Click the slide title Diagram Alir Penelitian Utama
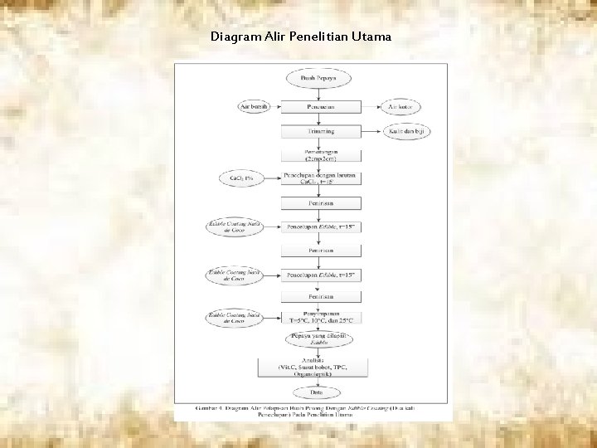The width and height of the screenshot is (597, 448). point(301,37)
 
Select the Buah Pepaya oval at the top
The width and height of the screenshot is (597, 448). point(320,78)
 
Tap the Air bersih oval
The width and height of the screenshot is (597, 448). point(253,107)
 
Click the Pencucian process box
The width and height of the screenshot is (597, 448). point(320,107)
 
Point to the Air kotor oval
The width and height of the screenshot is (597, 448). point(400,107)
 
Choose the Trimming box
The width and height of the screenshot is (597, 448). point(320,131)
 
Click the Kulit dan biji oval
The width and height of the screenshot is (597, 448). point(406,131)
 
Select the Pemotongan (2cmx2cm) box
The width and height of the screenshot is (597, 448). point(320,155)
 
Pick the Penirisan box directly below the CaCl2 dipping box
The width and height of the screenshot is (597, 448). point(320,202)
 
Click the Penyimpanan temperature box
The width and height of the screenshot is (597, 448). point(320,317)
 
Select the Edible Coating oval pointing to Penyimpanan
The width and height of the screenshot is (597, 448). point(235,317)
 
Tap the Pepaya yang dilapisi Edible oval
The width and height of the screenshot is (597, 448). point(320,338)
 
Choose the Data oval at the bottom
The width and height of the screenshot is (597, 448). point(320,392)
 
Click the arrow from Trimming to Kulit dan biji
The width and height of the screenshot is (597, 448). point(371,131)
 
